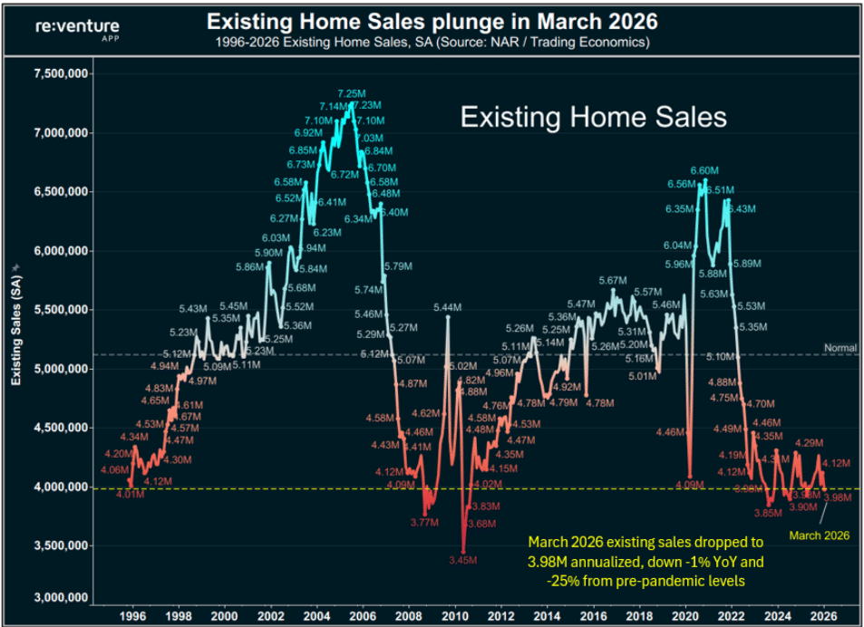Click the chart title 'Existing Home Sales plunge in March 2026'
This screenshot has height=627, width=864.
click(x=431, y=20)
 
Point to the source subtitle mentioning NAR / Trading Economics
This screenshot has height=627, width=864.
click(x=431, y=42)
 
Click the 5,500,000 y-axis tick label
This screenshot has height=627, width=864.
click(x=56, y=310)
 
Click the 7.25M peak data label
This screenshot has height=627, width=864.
click(x=352, y=93)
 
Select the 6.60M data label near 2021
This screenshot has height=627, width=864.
click(x=704, y=170)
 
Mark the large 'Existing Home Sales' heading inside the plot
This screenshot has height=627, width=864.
click(x=594, y=117)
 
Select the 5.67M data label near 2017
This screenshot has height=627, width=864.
click(x=613, y=281)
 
